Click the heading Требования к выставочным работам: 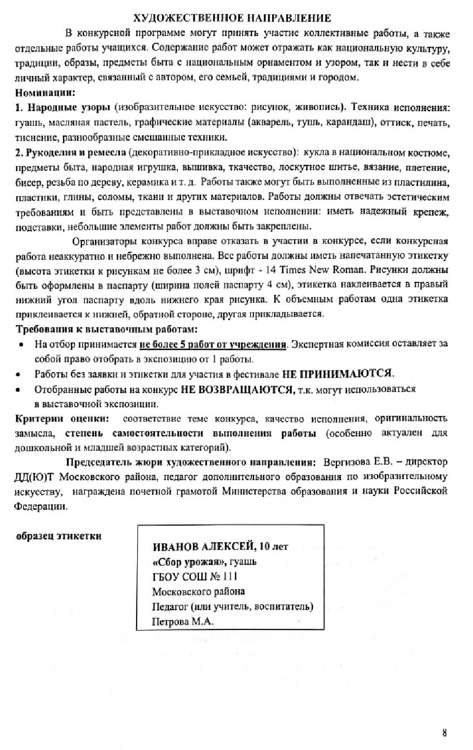tap(107, 330)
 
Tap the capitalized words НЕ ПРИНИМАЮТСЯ tap(338, 374)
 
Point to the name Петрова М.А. tap(183, 622)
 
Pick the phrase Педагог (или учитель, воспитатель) tap(233, 606)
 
